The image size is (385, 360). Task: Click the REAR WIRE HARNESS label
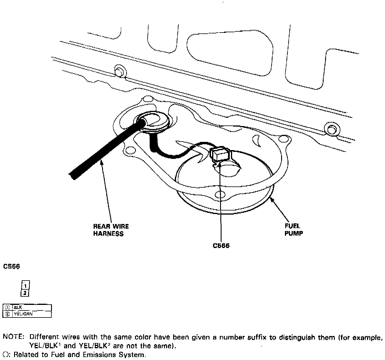[111, 230]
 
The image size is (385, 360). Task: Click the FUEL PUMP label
[293, 230]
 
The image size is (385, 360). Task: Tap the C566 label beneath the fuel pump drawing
[221, 246]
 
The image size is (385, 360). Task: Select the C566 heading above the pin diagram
[11, 267]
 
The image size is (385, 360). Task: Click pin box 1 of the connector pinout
[26, 286]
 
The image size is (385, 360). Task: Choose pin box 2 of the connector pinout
[26, 293]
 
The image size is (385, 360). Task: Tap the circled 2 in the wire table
[7, 314]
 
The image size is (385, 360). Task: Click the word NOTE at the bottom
[13, 337]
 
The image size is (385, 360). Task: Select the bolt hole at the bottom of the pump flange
[219, 194]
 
